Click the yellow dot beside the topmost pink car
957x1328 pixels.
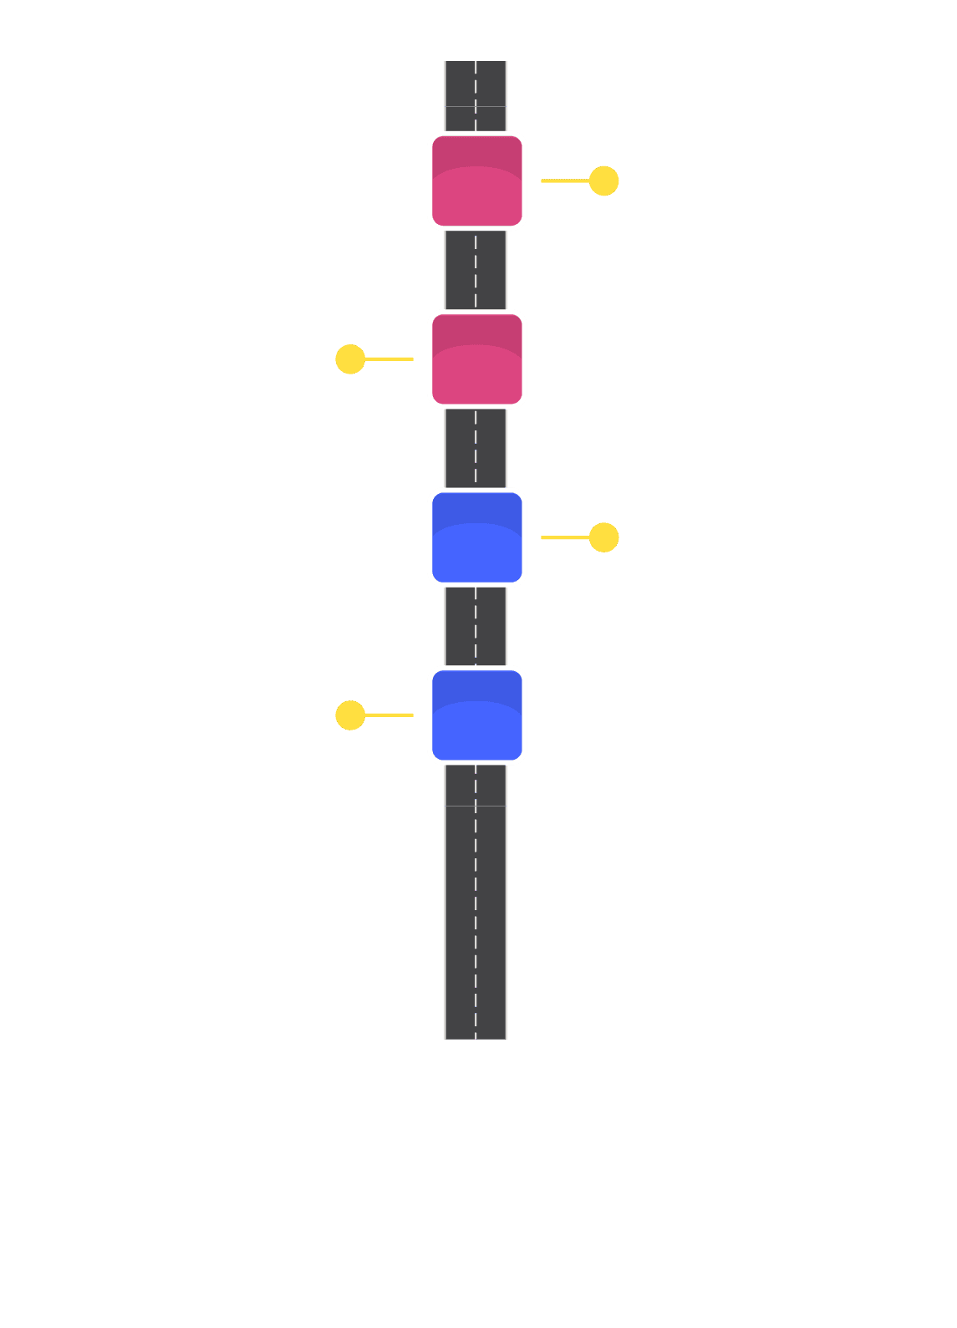coord(603,181)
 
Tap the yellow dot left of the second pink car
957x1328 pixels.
coord(350,359)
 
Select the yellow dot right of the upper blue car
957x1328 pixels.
coord(603,537)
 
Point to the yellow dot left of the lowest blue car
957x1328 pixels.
coord(350,715)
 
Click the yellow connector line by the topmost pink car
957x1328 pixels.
coord(565,181)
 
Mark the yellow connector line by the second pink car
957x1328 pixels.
coord(389,359)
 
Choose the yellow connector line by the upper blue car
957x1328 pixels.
coord(565,537)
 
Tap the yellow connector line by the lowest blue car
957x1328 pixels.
coord(389,715)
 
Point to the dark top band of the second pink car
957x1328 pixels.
coord(476,328)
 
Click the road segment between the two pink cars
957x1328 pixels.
coord(476,270)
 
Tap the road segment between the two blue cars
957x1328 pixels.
coord(476,626)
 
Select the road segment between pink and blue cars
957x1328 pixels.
coord(476,448)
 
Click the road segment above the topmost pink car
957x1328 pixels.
coord(476,95)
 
